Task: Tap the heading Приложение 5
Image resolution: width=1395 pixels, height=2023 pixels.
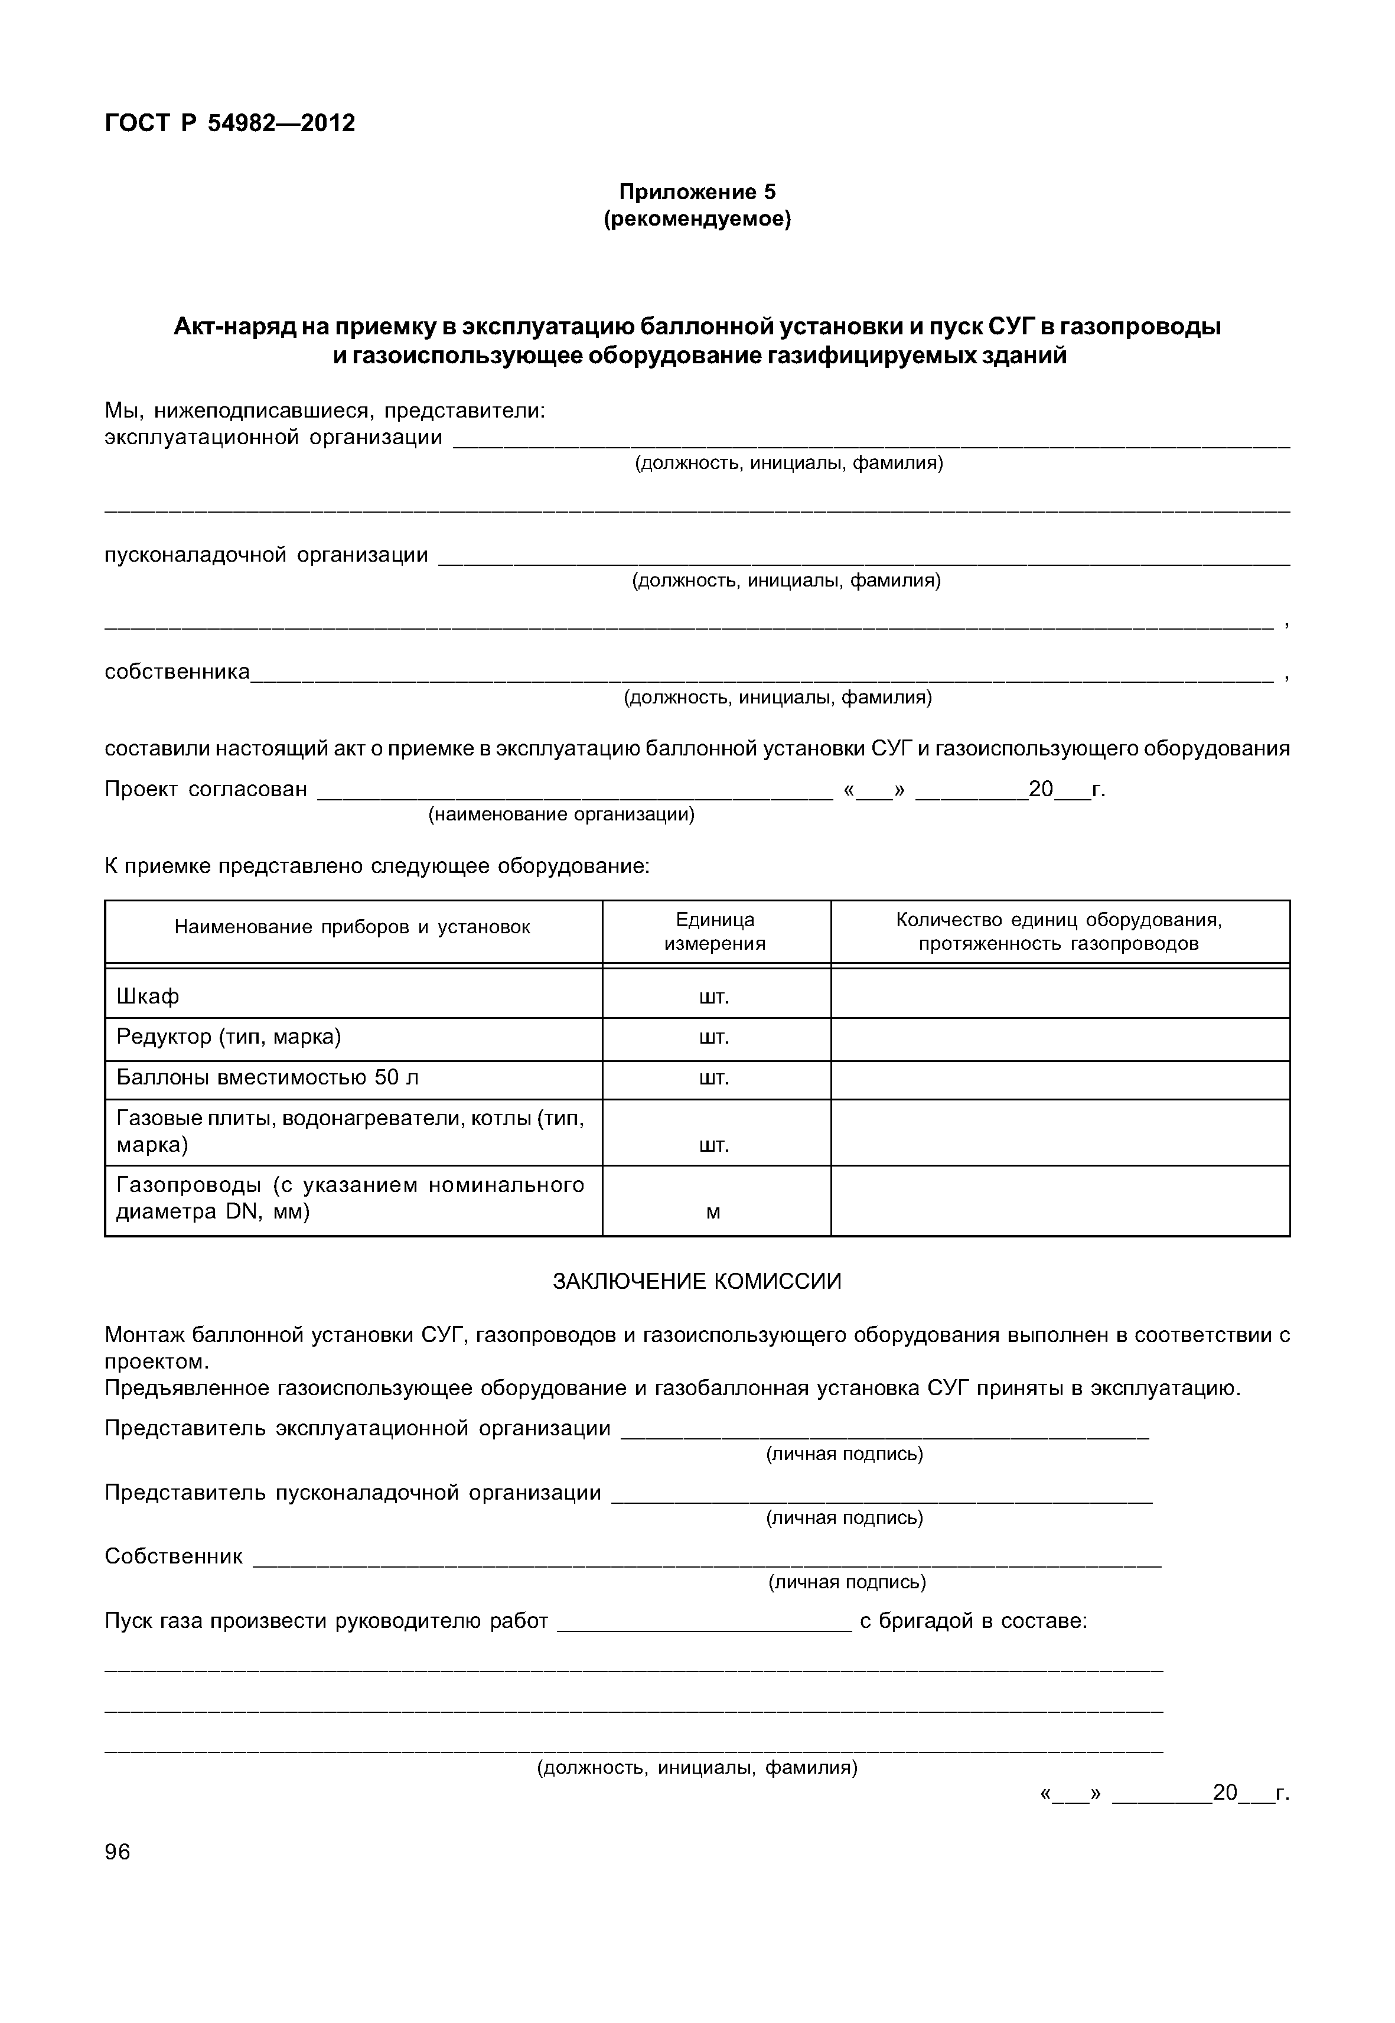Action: coord(697,191)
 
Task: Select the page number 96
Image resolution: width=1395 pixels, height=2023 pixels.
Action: coord(117,1852)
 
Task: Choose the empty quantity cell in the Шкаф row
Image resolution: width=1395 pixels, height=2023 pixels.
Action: coord(1060,994)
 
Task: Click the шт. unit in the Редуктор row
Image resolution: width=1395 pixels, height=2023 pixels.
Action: coord(714,1038)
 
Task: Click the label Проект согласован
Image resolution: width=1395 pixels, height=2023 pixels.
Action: coord(206,790)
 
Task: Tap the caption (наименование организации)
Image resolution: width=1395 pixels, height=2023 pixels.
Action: coord(561,815)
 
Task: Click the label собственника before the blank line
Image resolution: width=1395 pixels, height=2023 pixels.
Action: coord(177,672)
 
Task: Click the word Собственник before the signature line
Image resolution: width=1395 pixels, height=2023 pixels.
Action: coord(173,1556)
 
